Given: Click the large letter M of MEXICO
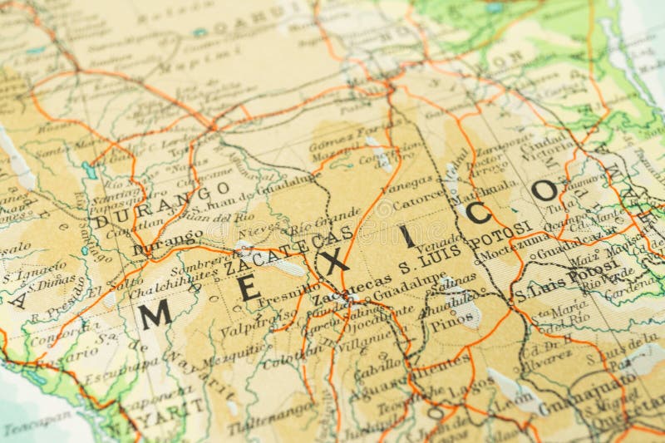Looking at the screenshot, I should coord(155,315).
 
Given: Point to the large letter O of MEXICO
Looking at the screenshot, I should coord(544,191).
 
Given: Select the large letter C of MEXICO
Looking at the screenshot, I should coord(478,214).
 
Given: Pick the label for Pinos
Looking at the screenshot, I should coord(452,320).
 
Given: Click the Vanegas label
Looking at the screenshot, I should coord(406,180).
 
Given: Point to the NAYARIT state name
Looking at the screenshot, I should coord(170,416).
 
